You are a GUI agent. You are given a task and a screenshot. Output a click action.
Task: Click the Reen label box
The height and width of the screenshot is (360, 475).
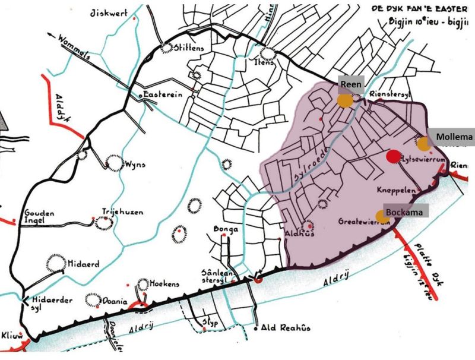[x=350, y=85]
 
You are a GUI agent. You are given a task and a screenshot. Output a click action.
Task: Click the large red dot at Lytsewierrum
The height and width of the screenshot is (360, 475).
[x=392, y=156]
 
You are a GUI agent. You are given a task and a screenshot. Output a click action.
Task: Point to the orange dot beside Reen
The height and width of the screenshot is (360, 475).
[x=345, y=100]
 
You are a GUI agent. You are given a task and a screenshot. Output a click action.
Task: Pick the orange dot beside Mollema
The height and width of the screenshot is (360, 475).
[x=423, y=144]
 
